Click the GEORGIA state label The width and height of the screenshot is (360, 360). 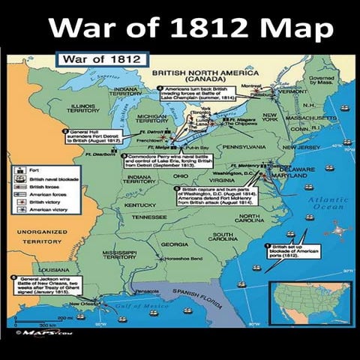175,244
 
